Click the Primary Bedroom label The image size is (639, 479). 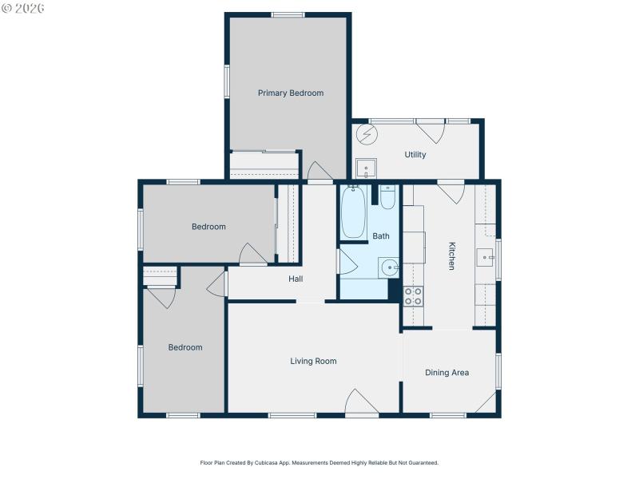tap(291, 93)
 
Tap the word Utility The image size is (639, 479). tap(415, 155)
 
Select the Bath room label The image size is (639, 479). tap(381, 236)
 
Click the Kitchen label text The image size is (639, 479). tap(451, 255)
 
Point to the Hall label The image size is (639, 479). tap(296, 279)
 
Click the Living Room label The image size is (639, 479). tap(313, 361)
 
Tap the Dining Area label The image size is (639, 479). tap(447, 373)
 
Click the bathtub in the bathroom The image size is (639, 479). tap(353, 212)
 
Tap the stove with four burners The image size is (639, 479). tap(413, 296)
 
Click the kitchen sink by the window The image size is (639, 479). tap(485, 257)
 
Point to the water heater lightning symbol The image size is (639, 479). tap(365, 133)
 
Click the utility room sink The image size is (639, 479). tap(366, 169)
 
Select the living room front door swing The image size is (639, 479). tap(361, 402)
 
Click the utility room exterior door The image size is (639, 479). tap(430, 129)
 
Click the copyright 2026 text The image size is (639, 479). tap(23, 8)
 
